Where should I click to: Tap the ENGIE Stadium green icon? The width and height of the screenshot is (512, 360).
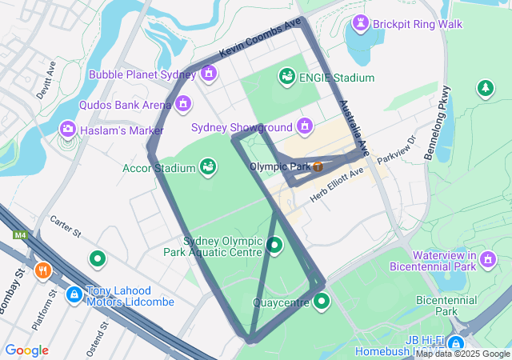click(286, 77)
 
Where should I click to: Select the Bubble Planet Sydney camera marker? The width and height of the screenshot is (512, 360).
click(209, 74)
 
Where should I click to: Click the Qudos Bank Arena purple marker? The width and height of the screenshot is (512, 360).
click(184, 104)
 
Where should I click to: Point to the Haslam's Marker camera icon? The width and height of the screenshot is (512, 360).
click(68, 129)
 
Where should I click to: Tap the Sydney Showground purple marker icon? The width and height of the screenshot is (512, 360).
click(304, 126)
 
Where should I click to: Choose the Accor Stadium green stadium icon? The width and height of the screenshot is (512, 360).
click(208, 167)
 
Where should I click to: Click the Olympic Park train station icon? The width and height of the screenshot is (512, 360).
click(318, 166)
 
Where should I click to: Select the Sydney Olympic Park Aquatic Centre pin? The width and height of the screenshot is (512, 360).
click(274, 245)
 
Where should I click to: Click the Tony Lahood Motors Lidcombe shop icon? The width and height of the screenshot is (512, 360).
click(74, 295)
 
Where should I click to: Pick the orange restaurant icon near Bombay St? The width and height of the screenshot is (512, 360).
click(43, 270)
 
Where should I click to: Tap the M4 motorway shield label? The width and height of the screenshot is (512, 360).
click(19, 235)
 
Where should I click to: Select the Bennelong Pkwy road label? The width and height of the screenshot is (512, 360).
click(438, 122)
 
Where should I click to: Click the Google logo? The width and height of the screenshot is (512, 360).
click(26, 350)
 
